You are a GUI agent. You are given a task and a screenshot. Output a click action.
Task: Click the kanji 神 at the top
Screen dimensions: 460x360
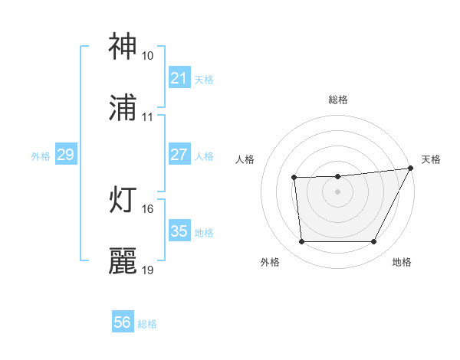coord(123,47)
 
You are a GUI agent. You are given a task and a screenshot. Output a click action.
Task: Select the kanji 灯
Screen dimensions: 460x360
coord(123,201)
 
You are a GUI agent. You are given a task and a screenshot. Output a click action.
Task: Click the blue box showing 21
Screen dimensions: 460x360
coord(179,78)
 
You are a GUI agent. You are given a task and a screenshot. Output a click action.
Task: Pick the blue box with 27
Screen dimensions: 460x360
coord(179,155)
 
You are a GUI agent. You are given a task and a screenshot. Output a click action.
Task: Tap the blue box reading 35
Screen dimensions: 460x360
coord(179,231)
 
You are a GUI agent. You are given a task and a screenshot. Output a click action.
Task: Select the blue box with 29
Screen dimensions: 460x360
coord(65,155)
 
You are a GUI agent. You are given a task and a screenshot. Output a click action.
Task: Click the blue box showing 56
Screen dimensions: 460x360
coord(122,322)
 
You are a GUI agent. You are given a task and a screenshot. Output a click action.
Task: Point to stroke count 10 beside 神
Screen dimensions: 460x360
coord(147,56)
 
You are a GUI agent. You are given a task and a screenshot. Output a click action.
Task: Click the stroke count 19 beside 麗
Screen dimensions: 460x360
coord(147,270)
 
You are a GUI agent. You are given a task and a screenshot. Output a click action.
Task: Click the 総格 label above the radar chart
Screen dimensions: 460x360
coord(337,100)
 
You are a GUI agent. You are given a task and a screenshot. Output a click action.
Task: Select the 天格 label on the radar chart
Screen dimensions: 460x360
coord(431,159)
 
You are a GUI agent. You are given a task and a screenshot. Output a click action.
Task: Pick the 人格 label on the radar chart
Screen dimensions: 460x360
coord(245,159)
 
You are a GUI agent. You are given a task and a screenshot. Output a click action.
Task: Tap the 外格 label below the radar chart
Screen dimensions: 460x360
coord(270,263)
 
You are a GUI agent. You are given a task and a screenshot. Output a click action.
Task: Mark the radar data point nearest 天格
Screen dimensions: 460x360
coord(410,168)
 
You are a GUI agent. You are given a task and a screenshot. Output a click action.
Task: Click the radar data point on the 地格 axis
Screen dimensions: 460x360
coord(374,242)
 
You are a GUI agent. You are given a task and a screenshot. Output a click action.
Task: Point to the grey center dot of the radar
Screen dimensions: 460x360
coord(337,191)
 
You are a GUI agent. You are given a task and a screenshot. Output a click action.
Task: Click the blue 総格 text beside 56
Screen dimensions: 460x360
coord(147,323)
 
